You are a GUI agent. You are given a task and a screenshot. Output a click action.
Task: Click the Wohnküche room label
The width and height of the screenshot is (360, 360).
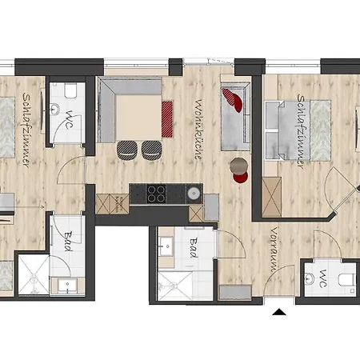tap(198, 130)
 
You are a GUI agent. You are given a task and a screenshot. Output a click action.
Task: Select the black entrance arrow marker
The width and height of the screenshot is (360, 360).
tap(279, 312)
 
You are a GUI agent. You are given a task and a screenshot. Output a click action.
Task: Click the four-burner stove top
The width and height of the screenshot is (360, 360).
tap(156, 194)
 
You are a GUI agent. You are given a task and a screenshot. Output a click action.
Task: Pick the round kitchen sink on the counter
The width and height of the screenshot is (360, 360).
tap(194, 193)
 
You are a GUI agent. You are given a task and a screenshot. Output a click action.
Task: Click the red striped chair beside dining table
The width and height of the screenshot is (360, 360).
tap(167, 119)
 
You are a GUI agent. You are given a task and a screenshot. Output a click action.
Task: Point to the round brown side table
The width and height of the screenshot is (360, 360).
tap(238, 166)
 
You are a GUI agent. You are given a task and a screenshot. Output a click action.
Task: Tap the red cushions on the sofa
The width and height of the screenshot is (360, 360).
tap(233, 100)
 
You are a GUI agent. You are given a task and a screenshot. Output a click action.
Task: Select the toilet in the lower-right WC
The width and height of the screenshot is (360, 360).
tap(347, 280)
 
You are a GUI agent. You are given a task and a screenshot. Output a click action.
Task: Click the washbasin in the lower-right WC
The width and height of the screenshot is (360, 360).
tap(310, 279)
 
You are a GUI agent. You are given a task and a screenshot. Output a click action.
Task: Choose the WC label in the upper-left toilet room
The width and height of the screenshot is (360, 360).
tap(70, 120)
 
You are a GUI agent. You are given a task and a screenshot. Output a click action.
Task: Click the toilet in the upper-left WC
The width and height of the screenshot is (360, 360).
tap(70, 90)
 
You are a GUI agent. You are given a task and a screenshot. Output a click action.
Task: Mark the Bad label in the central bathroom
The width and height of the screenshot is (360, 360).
tap(194, 248)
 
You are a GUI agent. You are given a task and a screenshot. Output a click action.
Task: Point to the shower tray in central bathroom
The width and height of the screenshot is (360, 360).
tap(175, 286)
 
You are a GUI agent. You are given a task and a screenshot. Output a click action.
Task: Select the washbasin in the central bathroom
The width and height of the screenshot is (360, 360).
tap(166, 246)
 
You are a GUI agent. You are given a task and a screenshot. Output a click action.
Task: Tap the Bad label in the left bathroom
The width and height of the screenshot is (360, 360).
tap(69, 242)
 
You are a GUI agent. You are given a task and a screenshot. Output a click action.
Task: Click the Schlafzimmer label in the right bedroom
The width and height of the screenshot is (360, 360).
tap(302, 131)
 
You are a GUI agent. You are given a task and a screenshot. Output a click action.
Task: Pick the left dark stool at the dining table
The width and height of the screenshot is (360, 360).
tap(127, 150)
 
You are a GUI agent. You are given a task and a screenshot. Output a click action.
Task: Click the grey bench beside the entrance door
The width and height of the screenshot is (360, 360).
tap(235, 293)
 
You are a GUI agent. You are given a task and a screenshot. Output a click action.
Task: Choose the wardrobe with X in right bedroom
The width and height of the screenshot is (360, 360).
tap(271, 197)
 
